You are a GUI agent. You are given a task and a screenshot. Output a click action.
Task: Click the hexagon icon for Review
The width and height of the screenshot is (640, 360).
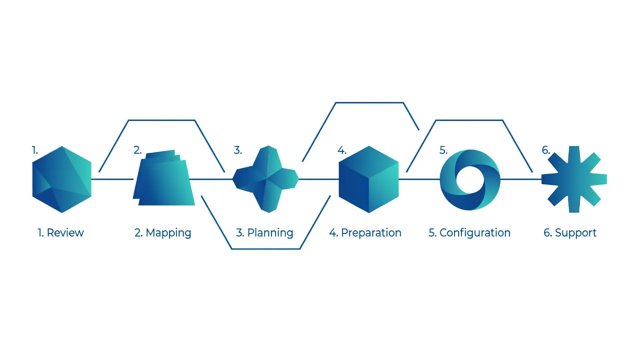click(61, 179)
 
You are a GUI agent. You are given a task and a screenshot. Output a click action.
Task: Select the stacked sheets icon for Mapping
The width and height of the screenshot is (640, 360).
click(163, 177)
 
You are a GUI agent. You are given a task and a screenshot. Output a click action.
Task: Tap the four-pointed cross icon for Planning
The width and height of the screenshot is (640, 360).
click(265, 179)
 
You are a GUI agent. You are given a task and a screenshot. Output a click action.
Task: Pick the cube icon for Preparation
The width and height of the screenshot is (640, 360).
click(368, 179)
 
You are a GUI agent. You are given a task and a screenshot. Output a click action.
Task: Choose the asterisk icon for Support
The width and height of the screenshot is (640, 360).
click(574, 179)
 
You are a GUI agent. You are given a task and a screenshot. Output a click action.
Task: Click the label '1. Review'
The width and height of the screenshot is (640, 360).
click(60, 233)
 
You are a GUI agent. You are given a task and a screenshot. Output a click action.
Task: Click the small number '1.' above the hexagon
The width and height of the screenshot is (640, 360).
click(34, 150)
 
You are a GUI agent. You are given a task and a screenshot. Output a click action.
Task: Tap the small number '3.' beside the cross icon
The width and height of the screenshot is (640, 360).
click(237, 150)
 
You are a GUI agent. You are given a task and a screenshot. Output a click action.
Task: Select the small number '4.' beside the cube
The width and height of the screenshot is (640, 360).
click(341, 150)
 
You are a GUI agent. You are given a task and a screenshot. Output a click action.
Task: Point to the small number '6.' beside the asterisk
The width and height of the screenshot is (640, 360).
click(545, 150)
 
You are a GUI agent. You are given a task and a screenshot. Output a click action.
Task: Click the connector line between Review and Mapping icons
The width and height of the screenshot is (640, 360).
click(112, 179)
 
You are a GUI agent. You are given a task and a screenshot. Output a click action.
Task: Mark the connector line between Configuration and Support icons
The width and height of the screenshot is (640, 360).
click(521, 179)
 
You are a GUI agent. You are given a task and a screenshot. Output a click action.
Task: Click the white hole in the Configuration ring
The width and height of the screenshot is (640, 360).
click(470, 180)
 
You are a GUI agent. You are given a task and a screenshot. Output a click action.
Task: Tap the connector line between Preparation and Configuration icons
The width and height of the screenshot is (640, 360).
click(419, 179)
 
